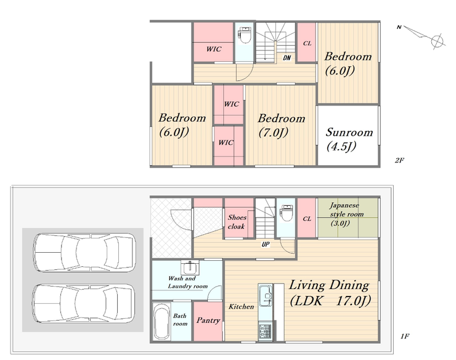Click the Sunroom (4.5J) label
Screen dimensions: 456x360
(349, 139)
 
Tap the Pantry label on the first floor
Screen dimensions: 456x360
(208, 321)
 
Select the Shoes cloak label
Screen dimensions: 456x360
(237, 222)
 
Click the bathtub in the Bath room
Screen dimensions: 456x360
(161, 322)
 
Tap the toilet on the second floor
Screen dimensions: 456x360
(245, 35)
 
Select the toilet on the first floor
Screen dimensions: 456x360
(285, 213)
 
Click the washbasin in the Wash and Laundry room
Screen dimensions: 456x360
(190, 268)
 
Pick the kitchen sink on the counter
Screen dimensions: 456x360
(265, 295)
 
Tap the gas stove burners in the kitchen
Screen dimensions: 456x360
(265, 331)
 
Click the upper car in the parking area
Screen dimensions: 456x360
(84, 253)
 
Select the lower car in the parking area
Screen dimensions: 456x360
(84, 303)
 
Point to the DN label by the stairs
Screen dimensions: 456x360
(287, 58)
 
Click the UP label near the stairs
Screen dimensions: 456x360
(266, 244)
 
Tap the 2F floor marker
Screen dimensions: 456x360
(399, 160)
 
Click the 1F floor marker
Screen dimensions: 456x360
(405, 337)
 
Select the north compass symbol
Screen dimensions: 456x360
(421, 36)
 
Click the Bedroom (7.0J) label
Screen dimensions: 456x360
(281, 125)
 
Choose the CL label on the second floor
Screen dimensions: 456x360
(307, 43)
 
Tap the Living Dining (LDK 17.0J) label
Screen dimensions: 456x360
(330, 292)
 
